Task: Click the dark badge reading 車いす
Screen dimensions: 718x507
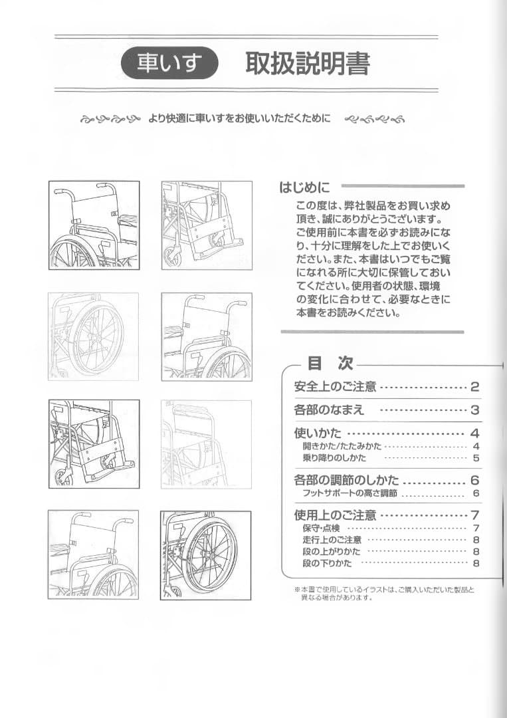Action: (170, 63)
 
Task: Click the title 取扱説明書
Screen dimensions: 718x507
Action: (307, 63)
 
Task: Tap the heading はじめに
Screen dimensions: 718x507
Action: (304, 187)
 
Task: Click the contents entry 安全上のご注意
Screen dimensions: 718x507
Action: (335, 387)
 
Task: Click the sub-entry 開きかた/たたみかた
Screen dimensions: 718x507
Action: (342, 446)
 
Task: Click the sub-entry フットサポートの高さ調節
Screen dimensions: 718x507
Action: (350, 493)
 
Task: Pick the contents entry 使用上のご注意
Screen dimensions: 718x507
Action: (335, 515)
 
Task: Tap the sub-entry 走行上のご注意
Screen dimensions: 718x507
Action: (332, 540)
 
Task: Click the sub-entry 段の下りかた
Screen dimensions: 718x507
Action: (327, 564)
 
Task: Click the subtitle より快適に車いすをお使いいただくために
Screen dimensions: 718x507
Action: (239, 120)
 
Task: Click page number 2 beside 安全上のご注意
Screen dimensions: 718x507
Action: (474, 387)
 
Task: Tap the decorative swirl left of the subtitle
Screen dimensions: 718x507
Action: (110, 120)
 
